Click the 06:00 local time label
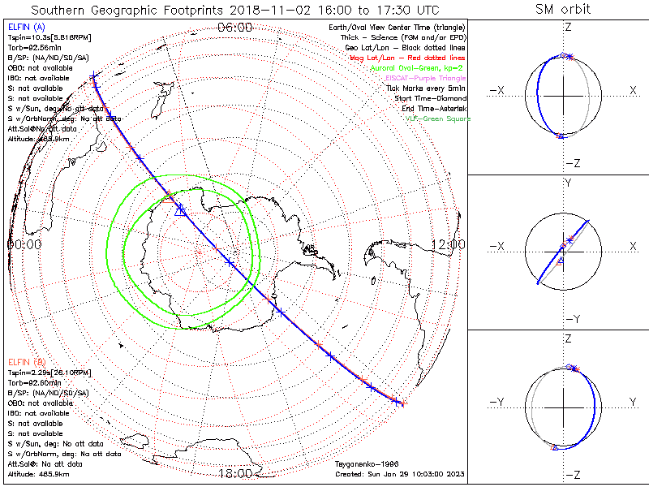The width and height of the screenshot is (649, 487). pos(235,27)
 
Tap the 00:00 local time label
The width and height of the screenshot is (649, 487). pos(24,243)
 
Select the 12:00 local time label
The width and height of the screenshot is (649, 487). pos(448,243)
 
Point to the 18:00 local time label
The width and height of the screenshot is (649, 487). pos(235,473)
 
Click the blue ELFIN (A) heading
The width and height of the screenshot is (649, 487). pos(25,28)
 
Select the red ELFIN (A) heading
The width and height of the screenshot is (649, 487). pos(25,361)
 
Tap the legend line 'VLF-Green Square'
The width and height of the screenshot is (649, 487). pos(438,119)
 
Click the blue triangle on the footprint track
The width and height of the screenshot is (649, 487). pos(180,210)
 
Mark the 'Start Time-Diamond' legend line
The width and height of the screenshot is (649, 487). pos(428,98)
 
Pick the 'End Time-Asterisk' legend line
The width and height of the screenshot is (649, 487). pos(430,109)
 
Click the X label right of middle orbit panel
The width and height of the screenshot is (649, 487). pos(633,246)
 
